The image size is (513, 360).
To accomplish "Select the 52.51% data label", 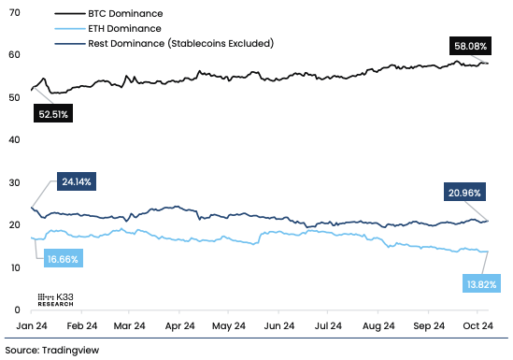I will pos(53,114).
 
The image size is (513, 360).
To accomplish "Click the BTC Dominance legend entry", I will pos(120,15).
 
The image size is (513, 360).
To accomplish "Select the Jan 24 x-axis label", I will pos(32,327).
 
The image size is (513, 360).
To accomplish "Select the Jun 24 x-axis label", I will pos(279,327).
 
